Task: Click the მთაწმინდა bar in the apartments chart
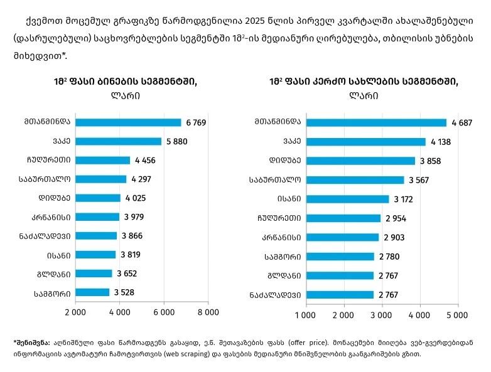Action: tap(129, 122)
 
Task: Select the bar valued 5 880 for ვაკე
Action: tap(119, 141)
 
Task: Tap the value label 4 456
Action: tap(144, 160)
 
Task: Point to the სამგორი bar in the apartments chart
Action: tap(93, 292)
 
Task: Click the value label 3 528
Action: tap(124, 292)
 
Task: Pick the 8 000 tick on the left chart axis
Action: tap(208, 311)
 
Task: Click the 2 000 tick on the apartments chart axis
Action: tap(76, 311)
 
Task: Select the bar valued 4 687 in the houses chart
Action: tap(376, 122)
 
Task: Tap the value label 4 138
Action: tap(441, 142)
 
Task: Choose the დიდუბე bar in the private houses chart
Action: tap(360, 161)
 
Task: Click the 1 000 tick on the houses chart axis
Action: tap(306, 314)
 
